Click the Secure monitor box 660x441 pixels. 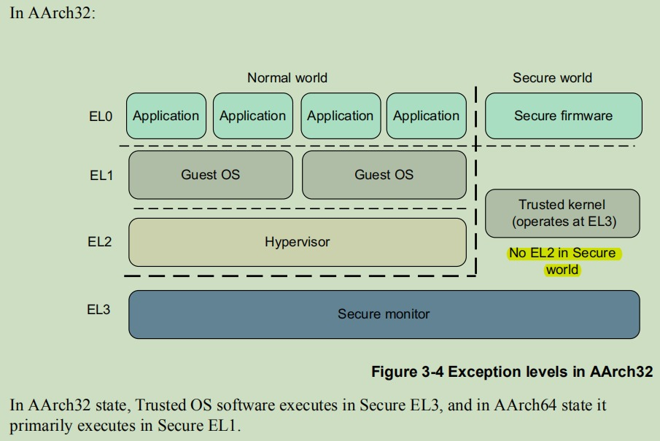384,314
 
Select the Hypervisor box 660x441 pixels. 297,242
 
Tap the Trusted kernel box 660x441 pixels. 562,213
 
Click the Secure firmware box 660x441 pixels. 563,115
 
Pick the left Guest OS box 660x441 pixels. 210,174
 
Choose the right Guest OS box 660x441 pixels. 384,174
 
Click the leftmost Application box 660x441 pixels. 166,115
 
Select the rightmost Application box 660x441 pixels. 426,115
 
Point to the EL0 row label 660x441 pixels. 100,116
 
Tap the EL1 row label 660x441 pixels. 100,175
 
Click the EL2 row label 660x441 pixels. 100,242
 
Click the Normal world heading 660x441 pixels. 287,77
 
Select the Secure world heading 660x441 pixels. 552,77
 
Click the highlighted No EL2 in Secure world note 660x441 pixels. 562,261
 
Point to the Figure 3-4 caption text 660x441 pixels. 511,372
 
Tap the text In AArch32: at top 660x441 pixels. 53,14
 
